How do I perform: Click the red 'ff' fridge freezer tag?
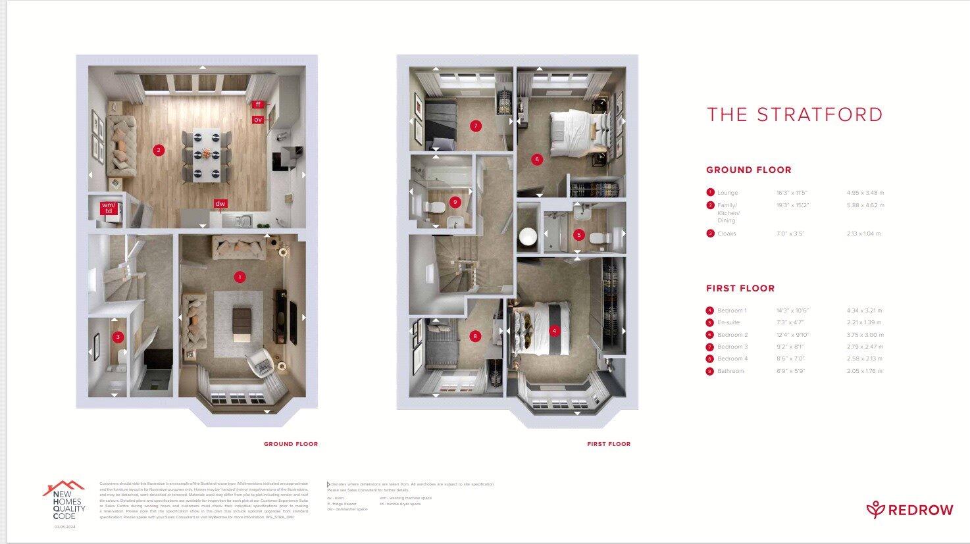pyautogui.click(x=258, y=105)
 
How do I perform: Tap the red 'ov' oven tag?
pyautogui.click(x=258, y=120)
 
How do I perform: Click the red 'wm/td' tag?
pyautogui.click(x=109, y=209)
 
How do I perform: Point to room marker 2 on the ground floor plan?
pyautogui.click(x=158, y=150)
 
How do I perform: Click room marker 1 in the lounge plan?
pyautogui.click(x=240, y=277)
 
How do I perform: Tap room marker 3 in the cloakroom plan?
pyautogui.click(x=118, y=337)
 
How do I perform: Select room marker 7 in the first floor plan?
pyautogui.click(x=476, y=126)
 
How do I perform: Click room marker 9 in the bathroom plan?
pyautogui.click(x=454, y=202)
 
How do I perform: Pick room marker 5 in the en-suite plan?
pyautogui.click(x=579, y=234)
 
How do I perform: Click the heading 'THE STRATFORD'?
pyautogui.click(x=795, y=114)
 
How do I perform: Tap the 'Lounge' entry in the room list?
pyautogui.click(x=727, y=193)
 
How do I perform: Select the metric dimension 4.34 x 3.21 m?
pyautogui.click(x=864, y=310)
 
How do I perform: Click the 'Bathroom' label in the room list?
pyautogui.click(x=730, y=371)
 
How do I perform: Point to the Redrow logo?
pyautogui.click(x=909, y=510)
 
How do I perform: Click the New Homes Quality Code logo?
pyautogui.click(x=64, y=503)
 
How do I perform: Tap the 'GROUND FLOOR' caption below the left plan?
pyautogui.click(x=290, y=444)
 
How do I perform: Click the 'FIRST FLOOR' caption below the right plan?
pyautogui.click(x=609, y=444)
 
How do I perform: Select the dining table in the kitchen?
pyautogui.click(x=207, y=155)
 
